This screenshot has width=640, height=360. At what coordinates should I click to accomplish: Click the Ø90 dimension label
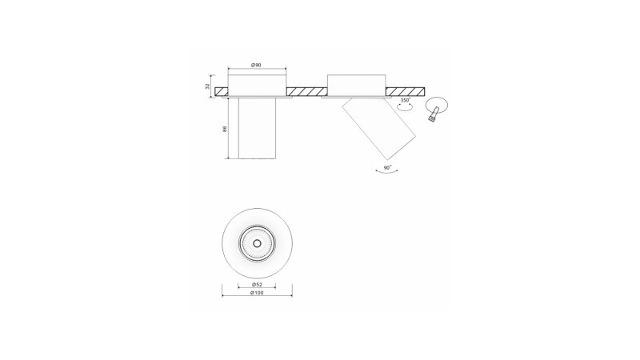click(x=256, y=65)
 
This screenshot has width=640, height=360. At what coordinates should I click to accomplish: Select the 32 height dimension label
click(x=208, y=86)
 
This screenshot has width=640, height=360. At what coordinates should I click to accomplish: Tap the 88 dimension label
click(x=225, y=129)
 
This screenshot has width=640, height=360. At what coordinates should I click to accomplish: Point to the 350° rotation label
click(x=406, y=100)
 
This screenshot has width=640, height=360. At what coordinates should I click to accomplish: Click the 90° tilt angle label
click(x=387, y=168)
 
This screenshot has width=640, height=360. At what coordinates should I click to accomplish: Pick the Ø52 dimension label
click(x=257, y=285)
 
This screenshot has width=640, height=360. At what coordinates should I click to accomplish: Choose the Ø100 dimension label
click(x=257, y=293)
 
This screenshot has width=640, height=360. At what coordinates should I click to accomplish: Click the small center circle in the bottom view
click(x=257, y=243)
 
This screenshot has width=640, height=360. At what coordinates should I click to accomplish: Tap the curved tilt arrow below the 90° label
click(x=386, y=173)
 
